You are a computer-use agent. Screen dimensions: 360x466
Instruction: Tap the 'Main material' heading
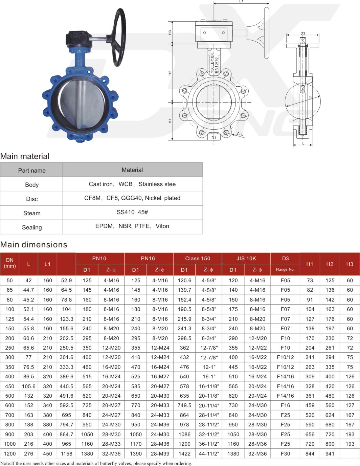[25, 156]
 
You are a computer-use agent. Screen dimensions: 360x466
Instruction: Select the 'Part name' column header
[32, 171]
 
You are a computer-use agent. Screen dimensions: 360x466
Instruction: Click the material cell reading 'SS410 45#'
[132, 212]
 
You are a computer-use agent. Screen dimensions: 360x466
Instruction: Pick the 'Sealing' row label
[32, 227]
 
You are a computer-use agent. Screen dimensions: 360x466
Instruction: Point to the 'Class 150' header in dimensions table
[198, 259]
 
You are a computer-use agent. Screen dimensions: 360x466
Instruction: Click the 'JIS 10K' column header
[246, 259]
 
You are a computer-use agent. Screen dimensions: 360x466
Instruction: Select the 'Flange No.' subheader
[285, 270]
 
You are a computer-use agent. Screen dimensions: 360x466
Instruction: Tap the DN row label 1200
[10, 453]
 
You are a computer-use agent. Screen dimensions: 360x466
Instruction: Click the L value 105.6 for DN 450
[28, 386]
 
